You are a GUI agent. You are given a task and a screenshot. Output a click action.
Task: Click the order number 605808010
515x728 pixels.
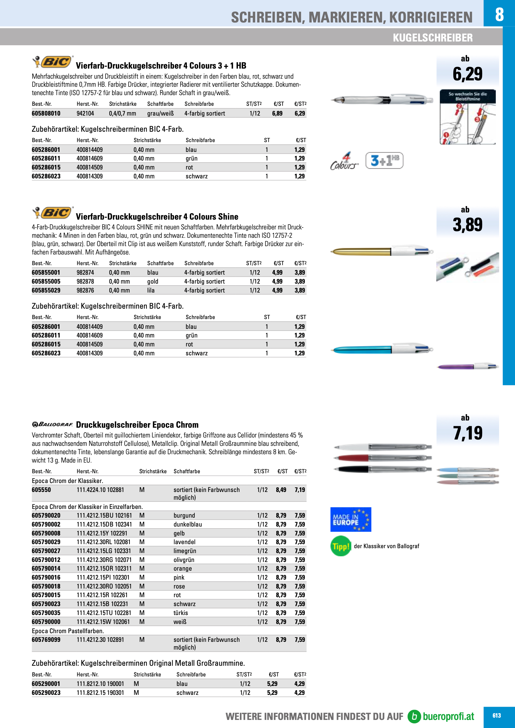tap(46, 113)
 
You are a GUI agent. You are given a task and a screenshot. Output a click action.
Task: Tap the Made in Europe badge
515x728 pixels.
tap(350, 519)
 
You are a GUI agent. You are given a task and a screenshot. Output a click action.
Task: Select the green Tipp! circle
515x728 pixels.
tap(341, 546)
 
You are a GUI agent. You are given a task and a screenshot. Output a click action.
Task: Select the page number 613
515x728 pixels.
tap(497, 715)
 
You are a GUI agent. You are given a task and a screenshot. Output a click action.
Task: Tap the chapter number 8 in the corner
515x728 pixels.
tap(499, 14)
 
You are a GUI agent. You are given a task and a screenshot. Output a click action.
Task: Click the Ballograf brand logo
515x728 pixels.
tap(52, 424)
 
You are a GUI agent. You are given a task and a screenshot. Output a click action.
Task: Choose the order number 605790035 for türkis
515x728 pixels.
tap(46, 613)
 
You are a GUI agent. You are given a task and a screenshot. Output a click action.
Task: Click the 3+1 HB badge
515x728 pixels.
tap(384, 161)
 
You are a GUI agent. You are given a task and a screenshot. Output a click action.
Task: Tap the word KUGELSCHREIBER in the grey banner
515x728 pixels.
tap(433, 37)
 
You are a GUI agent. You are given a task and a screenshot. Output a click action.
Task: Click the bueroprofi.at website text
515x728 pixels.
tap(448, 716)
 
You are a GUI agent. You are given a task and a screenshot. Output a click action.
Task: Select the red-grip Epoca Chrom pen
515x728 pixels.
tap(382, 458)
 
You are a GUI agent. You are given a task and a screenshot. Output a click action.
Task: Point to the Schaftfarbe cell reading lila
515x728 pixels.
tap(151, 290)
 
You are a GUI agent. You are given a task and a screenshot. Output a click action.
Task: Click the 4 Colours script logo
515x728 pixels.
tap(344, 161)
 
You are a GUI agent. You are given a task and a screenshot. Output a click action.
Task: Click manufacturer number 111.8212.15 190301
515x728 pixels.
tap(100, 693)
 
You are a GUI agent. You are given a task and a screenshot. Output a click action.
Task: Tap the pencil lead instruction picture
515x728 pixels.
tap(467, 117)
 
